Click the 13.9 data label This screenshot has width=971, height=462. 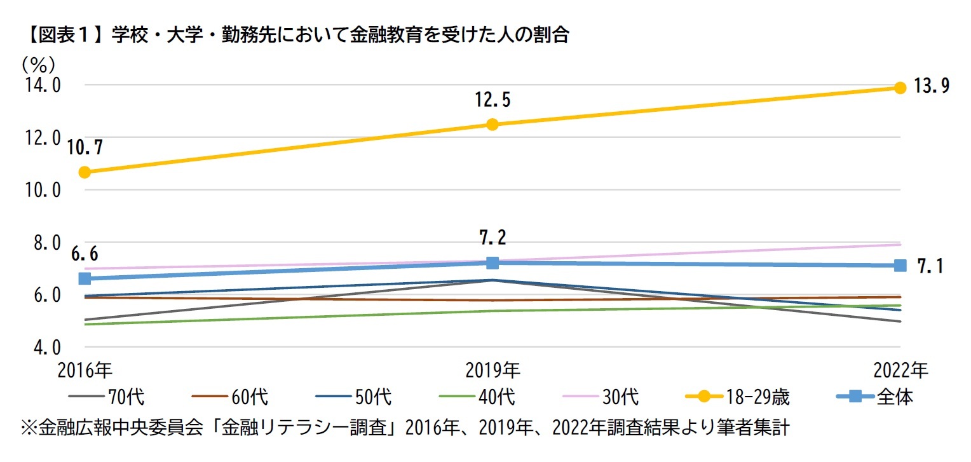click(x=931, y=87)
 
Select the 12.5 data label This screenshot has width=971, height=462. click(x=492, y=100)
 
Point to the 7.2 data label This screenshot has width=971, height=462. click(x=492, y=238)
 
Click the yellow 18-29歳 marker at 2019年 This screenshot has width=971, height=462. click(x=492, y=125)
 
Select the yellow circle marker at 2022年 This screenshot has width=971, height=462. click(x=900, y=88)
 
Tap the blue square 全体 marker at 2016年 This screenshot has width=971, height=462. click(x=85, y=279)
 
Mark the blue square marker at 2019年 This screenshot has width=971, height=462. click(x=492, y=262)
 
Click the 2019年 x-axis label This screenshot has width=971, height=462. click(x=492, y=370)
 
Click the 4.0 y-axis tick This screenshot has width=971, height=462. click(x=44, y=348)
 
